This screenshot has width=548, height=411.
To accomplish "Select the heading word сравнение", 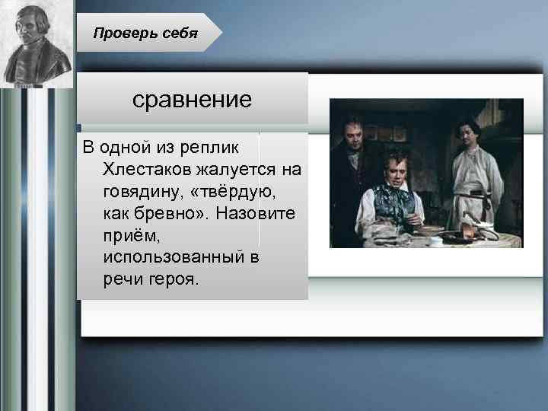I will [x=192, y=100].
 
